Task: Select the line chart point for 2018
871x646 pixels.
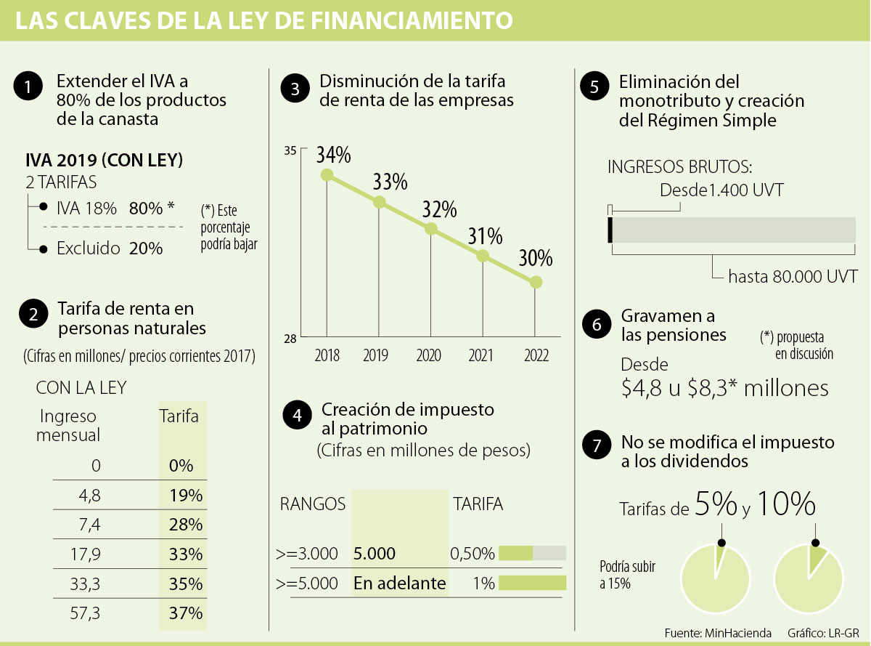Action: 327,174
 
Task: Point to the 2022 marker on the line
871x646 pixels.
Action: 536,282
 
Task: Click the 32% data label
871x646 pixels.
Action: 440,209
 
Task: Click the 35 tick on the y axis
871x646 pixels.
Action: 290,151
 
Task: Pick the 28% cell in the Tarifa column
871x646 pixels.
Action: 185,524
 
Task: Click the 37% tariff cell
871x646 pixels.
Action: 185,613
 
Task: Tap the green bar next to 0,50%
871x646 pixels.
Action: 515,553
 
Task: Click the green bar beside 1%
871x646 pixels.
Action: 531,582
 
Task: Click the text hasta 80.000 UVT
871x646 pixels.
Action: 793,276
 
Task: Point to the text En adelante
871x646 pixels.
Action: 399,583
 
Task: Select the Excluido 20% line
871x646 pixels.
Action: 110,249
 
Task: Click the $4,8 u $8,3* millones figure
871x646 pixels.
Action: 724,388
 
